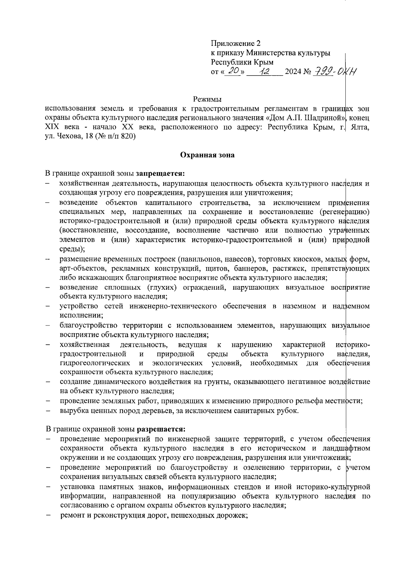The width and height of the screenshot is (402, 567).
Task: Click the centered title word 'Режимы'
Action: point(207,99)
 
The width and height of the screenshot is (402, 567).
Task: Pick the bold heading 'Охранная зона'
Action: point(207,155)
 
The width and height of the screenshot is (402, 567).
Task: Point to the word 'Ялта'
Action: point(359,127)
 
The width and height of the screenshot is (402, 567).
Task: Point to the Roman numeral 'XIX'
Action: point(52,127)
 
